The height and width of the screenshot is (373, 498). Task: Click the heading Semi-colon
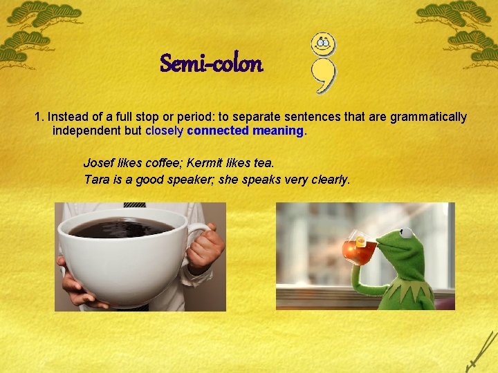(211, 64)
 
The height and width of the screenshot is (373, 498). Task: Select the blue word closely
(165, 131)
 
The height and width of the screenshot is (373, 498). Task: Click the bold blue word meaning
(278, 131)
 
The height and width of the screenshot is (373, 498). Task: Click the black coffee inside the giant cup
(121, 228)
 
